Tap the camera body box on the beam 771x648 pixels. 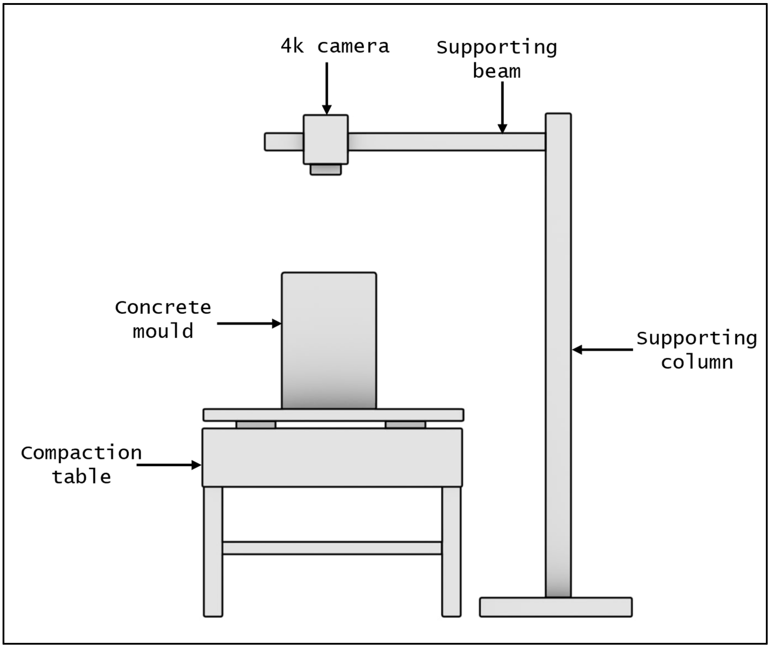click(x=325, y=139)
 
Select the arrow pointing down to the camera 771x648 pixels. click(x=327, y=88)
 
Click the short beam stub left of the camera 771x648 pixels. click(x=284, y=142)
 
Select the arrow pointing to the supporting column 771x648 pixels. click(x=602, y=349)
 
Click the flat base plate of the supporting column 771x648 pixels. click(x=555, y=607)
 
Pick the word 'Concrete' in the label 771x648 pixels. click(x=163, y=307)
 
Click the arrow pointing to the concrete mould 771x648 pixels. click(x=249, y=323)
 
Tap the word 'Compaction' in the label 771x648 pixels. click(x=81, y=453)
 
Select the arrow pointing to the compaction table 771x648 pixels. click(x=169, y=465)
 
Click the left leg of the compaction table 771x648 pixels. click(x=213, y=551)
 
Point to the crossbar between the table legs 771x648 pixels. click(x=332, y=548)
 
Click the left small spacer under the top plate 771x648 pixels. click(x=256, y=425)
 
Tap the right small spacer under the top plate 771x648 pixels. click(x=405, y=425)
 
